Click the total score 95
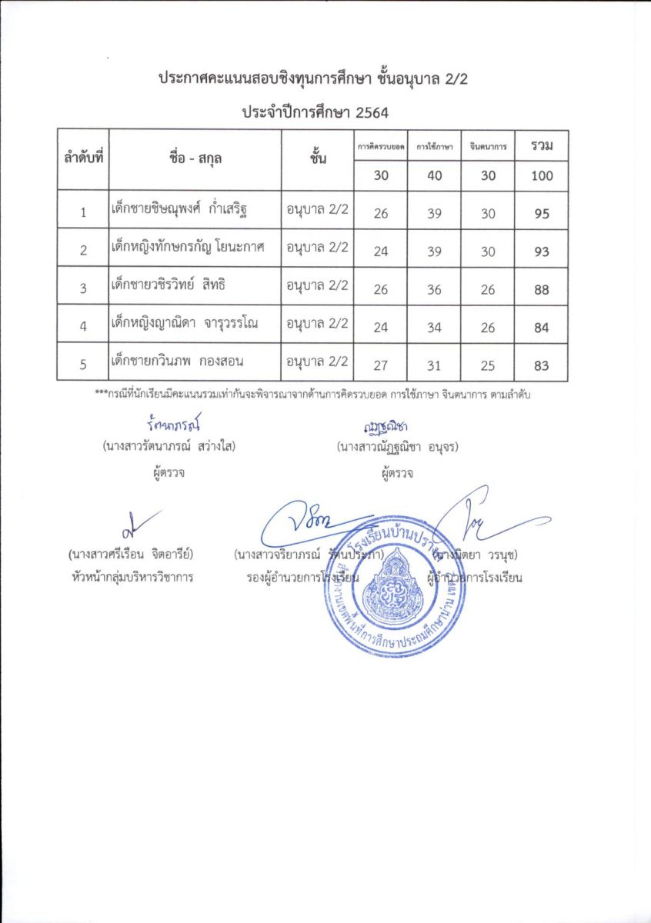click(x=542, y=214)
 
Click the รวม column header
click(x=542, y=145)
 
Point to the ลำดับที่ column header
click(x=83, y=159)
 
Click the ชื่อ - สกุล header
click(x=194, y=159)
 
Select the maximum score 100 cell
click(x=542, y=176)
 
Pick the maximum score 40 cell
click(x=435, y=176)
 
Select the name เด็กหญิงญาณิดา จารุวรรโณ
click(x=184, y=323)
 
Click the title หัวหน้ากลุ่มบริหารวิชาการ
click(x=130, y=577)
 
